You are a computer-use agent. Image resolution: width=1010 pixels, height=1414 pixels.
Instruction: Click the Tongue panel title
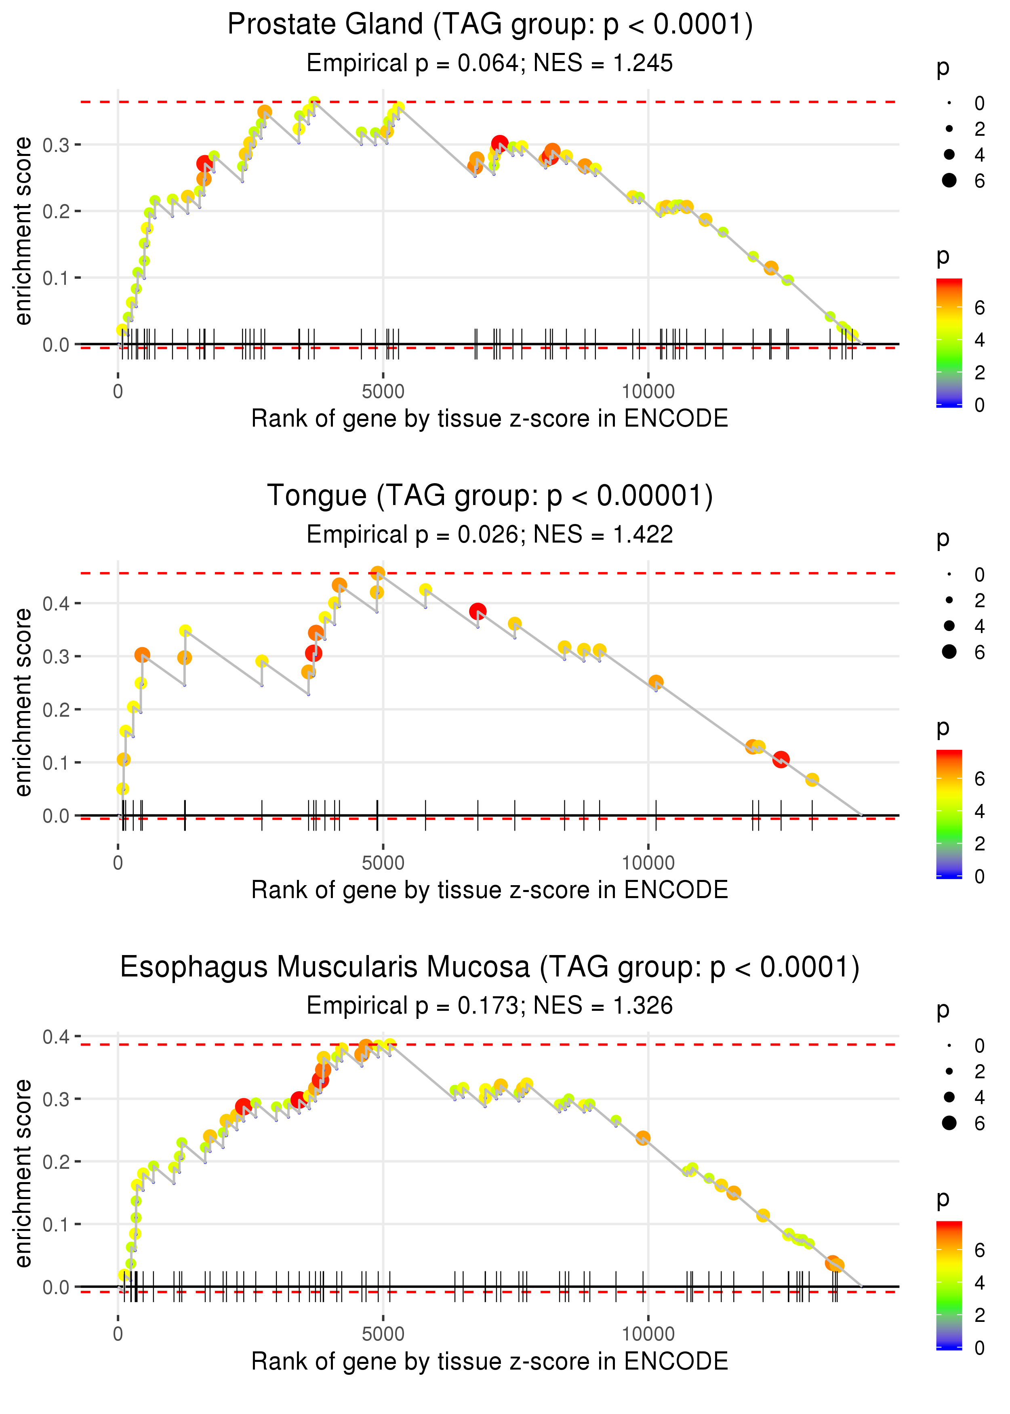[490, 496]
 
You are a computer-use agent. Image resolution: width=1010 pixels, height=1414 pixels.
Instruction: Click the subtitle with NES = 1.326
[490, 1006]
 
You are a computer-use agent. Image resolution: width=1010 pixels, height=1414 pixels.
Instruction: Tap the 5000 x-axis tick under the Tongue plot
[383, 863]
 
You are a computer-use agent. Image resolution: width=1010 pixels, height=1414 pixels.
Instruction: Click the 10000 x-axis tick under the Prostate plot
[648, 392]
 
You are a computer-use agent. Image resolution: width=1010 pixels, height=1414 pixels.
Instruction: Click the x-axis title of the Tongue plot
[490, 890]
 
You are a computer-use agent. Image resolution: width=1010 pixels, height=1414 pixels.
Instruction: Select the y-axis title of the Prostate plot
[23, 231]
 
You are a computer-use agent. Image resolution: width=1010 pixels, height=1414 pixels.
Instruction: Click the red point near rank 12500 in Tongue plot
[781, 759]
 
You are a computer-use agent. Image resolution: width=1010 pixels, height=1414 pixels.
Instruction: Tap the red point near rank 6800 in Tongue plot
[478, 611]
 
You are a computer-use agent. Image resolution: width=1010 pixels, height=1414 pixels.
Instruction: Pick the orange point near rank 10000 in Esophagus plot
[643, 1138]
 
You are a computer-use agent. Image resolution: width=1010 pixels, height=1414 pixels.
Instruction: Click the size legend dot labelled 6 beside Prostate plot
[949, 180]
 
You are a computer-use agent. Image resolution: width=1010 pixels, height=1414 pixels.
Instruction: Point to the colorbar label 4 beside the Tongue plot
[980, 812]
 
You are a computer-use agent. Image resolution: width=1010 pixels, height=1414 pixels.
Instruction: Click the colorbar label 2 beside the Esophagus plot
[980, 1315]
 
